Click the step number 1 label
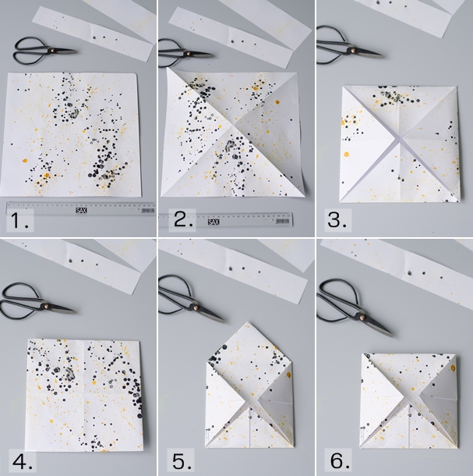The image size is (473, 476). pyautogui.click(x=19, y=221)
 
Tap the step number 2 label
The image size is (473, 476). pyautogui.click(x=183, y=219)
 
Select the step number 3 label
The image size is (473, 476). pyautogui.click(x=337, y=219)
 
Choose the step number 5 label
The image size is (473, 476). pyautogui.click(x=182, y=461)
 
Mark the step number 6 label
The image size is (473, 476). pyautogui.click(x=340, y=461)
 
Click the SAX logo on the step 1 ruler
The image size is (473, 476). pyautogui.click(x=81, y=210)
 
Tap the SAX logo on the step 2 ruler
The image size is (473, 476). pyautogui.click(x=214, y=222)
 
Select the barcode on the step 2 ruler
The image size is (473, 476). pyautogui.click(x=282, y=222)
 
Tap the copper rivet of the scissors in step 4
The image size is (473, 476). pyautogui.click(x=46, y=305)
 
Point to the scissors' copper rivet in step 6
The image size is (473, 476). pyautogui.click(x=362, y=318)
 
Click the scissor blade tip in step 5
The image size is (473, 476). pyautogui.click(x=224, y=320)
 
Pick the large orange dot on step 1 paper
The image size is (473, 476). pyautogui.click(x=25, y=161)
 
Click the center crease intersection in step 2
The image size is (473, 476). pyautogui.click(x=233, y=124)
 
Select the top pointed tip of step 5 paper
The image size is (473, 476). pyautogui.click(x=249, y=322)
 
